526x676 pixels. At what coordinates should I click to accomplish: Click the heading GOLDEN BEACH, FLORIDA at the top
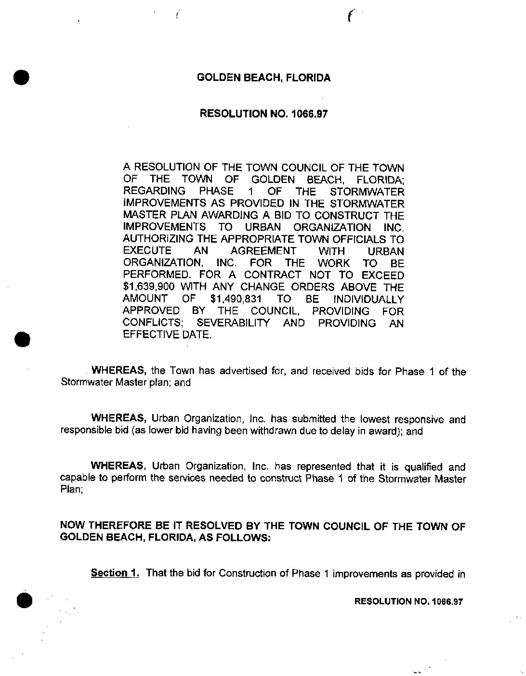264,78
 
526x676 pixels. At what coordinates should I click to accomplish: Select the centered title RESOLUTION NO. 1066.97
263,114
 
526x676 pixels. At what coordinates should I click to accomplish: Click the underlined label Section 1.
115,573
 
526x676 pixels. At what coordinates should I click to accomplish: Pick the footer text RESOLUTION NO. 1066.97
408,601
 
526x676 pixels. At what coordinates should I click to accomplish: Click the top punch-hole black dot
22,78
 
